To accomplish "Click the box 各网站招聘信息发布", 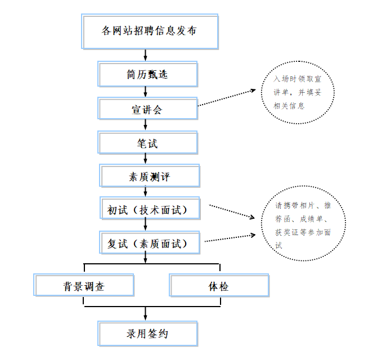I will tap(150, 32).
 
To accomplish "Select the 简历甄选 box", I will tap(147, 75).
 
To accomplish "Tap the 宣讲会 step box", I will tap(147, 109).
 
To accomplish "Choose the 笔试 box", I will tap(147, 143).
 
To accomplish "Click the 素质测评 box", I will tap(150, 177).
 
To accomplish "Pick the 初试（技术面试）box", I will tap(150, 210).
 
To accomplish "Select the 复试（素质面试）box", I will tap(150, 244).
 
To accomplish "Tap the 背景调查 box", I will tap(84, 286).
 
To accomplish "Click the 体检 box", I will tap(218, 286).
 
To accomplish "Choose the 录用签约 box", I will tap(147, 334).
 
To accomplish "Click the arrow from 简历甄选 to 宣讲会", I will tap(146, 92).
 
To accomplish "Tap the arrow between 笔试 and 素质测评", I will tap(146, 159).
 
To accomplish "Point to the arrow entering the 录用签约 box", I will tap(146, 314).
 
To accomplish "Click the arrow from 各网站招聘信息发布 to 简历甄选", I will tap(146, 55).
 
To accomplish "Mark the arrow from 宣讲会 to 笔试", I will tap(146, 125).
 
